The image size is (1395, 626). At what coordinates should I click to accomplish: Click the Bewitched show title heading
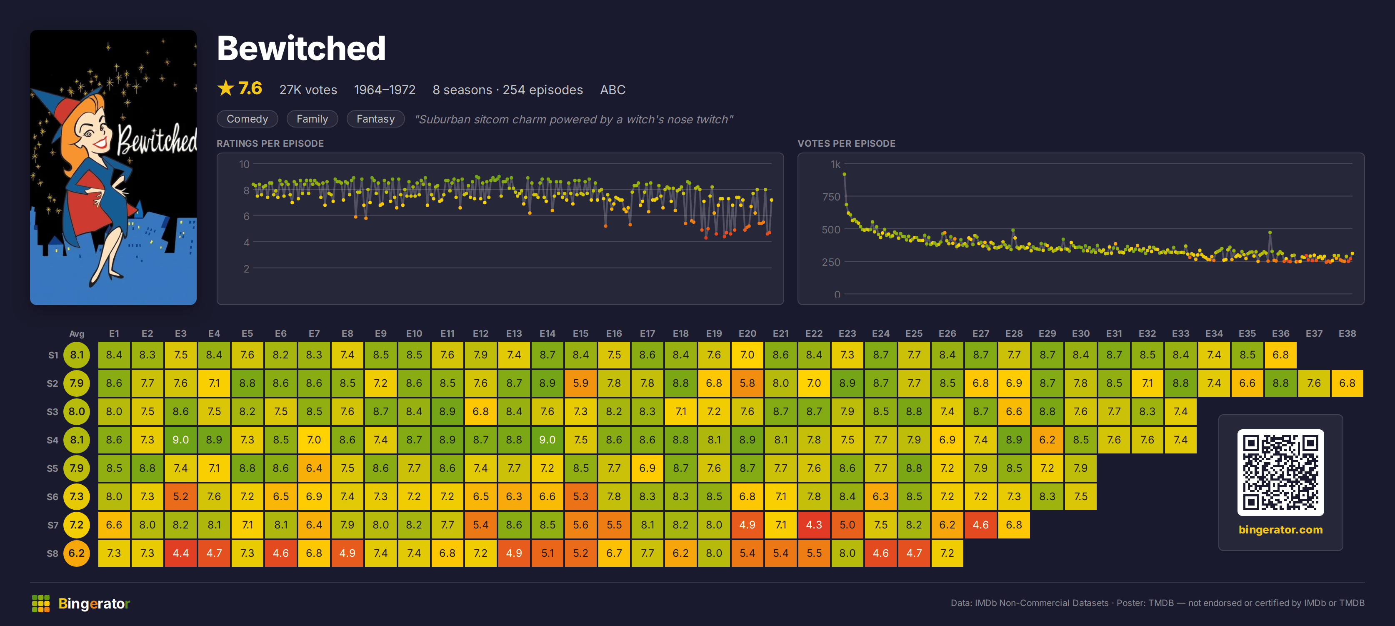(301, 48)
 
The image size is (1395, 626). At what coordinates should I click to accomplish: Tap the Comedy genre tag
(247, 119)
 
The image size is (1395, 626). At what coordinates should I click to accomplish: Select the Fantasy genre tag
(375, 119)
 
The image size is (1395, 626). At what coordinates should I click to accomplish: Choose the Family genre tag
(312, 119)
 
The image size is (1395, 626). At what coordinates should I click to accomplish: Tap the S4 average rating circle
(77, 440)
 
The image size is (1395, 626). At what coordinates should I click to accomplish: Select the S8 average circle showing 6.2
(77, 553)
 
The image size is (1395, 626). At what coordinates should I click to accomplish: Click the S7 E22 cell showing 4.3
(813, 525)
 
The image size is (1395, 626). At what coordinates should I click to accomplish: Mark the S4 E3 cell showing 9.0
(180, 440)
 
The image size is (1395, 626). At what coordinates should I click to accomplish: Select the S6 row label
(52, 496)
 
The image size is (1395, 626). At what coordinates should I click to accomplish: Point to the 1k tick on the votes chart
(835, 164)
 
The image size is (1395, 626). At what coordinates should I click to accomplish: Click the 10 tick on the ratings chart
(244, 164)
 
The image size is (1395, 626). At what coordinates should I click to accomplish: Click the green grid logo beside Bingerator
(40, 603)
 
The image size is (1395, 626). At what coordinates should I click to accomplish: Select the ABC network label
(612, 90)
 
